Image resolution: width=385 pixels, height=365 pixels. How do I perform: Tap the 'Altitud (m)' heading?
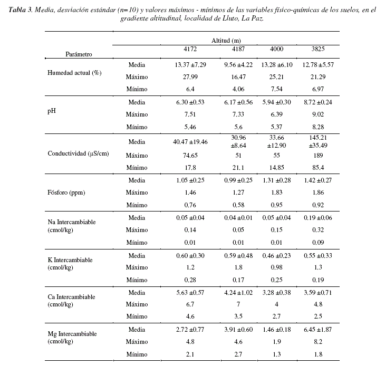(226, 41)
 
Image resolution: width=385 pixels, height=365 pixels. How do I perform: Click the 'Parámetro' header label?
(79, 54)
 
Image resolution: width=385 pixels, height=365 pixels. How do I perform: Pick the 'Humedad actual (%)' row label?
(74, 73)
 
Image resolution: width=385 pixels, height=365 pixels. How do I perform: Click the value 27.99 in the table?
(190, 76)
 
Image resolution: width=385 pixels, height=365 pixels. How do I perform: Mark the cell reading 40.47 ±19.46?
(190, 142)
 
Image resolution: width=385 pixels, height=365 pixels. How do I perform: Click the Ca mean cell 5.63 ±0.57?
(190, 293)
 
